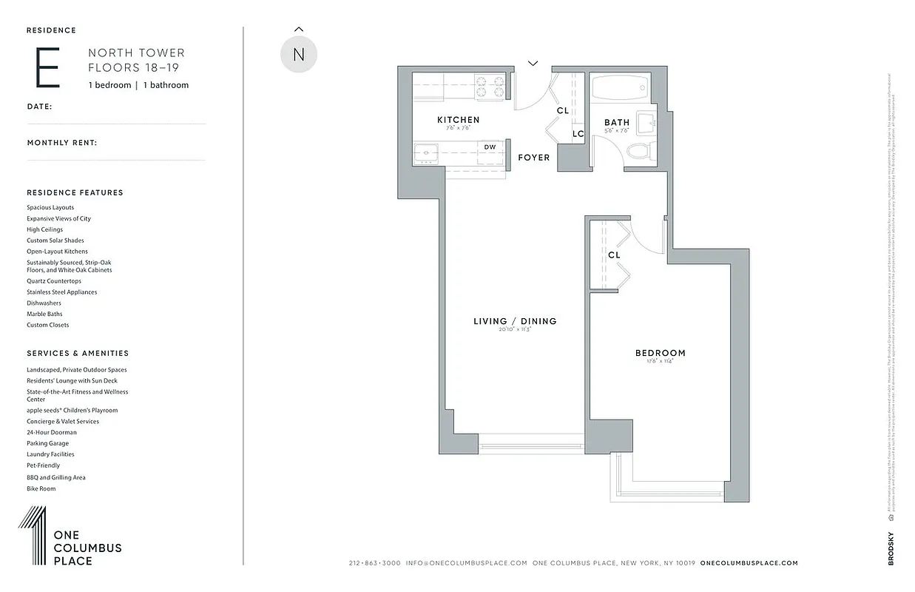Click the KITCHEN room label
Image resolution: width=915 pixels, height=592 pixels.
point(458,120)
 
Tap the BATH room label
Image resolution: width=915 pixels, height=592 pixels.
point(616,123)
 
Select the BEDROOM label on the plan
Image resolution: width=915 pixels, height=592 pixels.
point(660,353)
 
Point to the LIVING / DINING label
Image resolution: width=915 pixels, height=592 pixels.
point(515,321)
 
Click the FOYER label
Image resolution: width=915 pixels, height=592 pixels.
point(533,158)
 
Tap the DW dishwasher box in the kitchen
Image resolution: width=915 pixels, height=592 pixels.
point(490,147)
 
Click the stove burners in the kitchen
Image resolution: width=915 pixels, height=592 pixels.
point(489,83)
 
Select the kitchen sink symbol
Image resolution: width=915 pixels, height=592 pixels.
point(426,153)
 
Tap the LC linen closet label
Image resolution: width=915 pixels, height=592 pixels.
point(578,134)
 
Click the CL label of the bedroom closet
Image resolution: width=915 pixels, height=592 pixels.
point(614,255)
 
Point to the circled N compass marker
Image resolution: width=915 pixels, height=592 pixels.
point(299,55)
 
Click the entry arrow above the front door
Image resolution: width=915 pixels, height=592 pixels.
point(533,64)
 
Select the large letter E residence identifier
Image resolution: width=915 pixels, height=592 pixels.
point(47,68)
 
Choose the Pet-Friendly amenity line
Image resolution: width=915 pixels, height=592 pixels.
point(43,465)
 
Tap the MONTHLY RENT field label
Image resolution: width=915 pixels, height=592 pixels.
point(62,143)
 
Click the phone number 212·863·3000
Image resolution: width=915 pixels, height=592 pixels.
point(374,563)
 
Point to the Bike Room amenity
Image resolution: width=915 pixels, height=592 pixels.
point(41,488)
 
